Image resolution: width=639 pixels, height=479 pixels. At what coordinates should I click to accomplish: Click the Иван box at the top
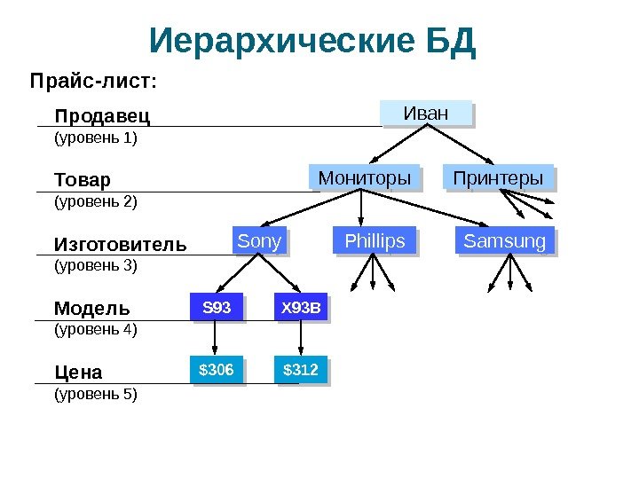426,114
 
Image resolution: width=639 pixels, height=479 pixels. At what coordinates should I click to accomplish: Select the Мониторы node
364,178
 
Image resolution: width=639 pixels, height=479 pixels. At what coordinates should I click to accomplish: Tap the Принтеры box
497,178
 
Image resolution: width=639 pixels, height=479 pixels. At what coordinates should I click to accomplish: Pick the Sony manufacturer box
259,241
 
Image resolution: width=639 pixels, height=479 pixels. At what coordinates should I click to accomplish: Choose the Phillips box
374,241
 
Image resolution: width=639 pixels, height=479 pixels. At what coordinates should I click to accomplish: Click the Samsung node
504,241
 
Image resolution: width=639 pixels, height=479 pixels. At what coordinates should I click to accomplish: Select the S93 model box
217,309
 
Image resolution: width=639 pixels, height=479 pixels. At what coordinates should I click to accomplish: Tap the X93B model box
300,309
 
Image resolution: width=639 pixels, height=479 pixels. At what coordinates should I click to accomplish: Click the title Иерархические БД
313,41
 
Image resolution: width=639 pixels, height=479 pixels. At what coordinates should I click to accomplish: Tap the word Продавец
102,116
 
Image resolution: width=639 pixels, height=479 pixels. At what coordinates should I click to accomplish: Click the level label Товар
83,180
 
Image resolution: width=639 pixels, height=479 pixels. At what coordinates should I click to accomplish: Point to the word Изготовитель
120,244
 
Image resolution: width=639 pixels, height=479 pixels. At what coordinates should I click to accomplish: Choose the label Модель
91,309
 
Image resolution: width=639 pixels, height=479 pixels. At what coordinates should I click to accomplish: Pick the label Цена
78,371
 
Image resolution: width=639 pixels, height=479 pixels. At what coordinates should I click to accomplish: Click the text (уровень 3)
96,264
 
